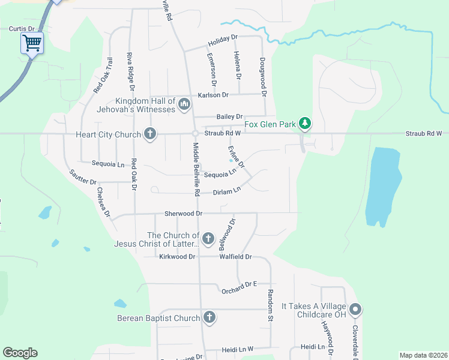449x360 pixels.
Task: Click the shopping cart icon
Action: [x=32, y=43]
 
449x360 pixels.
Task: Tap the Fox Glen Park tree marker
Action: [x=306, y=124]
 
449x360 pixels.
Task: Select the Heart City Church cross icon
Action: [x=150, y=134]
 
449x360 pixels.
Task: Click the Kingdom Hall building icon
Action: [x=184, y=106]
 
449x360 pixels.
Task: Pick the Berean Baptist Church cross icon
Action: [x=209, y=317]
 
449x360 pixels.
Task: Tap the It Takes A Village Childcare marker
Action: [x=355, y=310]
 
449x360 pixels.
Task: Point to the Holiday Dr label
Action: [x=223, y=41]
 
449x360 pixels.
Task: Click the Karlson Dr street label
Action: [x=213, y=95]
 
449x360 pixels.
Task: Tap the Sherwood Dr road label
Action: [x=184, y=213]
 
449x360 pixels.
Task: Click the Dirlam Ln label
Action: [x=227, y=192]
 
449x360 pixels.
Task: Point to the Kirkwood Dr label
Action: [x=178, y=256]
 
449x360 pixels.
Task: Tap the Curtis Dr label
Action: [x=23, y=28]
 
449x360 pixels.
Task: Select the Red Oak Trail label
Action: [x=103, y=75]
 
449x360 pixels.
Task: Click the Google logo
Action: [x=20, y=353]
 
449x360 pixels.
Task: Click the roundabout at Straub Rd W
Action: [x=195, y=133]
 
